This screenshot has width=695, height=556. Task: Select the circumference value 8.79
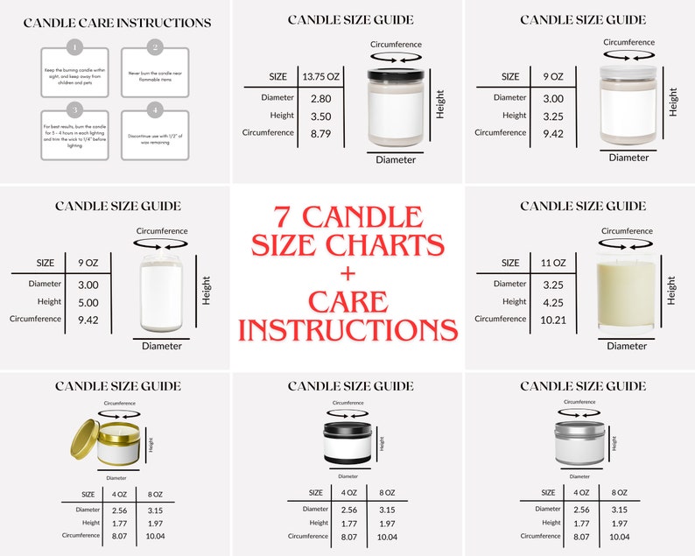tap(320, 133)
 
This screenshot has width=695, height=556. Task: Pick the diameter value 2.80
tap(320, 98)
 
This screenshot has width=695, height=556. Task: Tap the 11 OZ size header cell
tap(553, 262)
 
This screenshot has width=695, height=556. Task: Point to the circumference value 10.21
tap(553, 320)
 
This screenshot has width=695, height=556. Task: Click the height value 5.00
tap(88, 302)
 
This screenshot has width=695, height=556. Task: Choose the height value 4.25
tap(553, 303)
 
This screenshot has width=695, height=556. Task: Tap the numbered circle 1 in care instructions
tap(75, 46)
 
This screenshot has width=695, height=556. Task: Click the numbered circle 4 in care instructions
tap(156, 109)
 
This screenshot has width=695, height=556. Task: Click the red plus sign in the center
tap(347, 273)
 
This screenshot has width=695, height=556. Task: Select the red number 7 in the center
tap(284, 216)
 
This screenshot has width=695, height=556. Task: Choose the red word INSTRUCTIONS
tap(347, 330)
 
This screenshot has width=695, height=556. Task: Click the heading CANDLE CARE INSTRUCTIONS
tap(116, 22)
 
